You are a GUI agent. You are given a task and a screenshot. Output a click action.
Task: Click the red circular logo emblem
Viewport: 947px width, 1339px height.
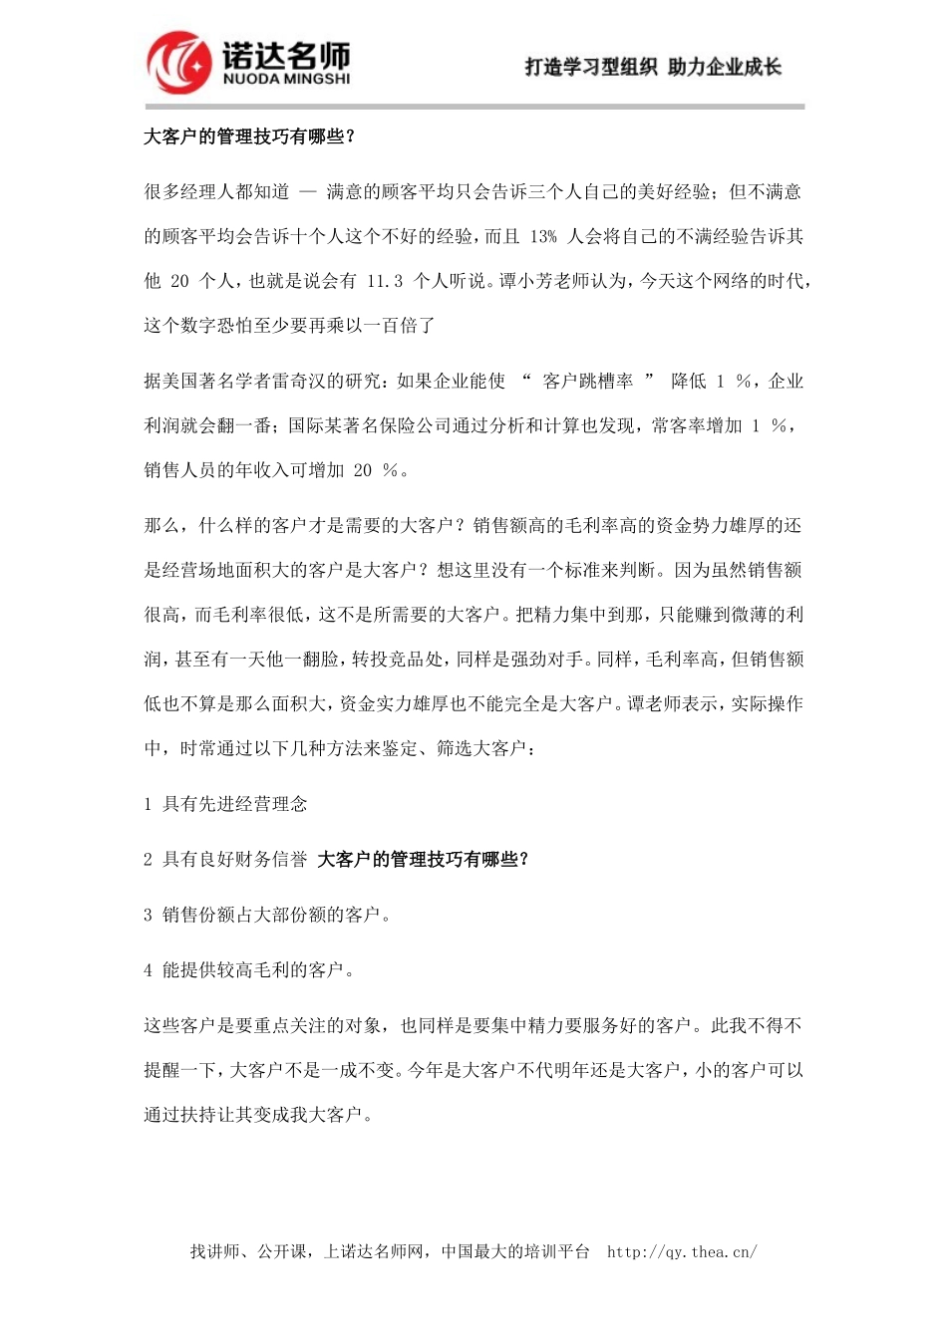pyautogui.click(x=179, y=62)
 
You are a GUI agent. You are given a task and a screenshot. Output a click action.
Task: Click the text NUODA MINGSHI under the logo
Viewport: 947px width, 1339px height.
pyautogui.click(x=286, y=79)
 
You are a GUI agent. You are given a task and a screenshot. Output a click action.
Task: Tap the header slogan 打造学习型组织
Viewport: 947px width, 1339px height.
pyautogui.click(x=590, y=67)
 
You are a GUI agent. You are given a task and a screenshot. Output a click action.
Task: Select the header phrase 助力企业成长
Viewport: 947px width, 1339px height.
pyautogui.click(x=725, y=67)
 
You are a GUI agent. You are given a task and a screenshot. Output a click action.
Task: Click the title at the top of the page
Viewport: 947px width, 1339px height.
pyautogui.click(x=249, y=136)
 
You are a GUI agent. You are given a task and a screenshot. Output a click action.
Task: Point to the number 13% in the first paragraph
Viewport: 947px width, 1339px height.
pyautogui.click(x=543, y=236)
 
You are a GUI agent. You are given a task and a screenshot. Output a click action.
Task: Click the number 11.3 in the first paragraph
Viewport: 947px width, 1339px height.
pyautogui.click(x=385, y=281)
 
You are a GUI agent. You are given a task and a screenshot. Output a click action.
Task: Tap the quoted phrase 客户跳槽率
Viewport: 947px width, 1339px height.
pyautogui.click(x=588, y=381)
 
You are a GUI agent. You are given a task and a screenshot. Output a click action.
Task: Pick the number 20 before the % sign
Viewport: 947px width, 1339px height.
pyautogui.click(x=363, y=470)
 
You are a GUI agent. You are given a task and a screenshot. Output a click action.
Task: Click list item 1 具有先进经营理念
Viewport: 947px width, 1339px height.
pyautogui.click(x=225, y=804)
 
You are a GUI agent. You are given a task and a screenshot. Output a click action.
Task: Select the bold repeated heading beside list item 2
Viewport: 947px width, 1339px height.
pyautogui.click(x=423, y=859)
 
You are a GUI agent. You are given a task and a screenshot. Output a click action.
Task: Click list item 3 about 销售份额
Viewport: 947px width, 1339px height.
pyautogui.click(x=266, y=915)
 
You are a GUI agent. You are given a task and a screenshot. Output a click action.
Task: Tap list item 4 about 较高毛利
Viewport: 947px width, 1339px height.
pyautogui.click(x=249, y=969)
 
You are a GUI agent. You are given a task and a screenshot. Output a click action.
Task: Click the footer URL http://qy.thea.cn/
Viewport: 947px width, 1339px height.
pyautogui.click(x=682, y=1251)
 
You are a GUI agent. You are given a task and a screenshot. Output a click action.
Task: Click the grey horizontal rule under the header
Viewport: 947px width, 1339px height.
pyautogui.click(x=474, y=106)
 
